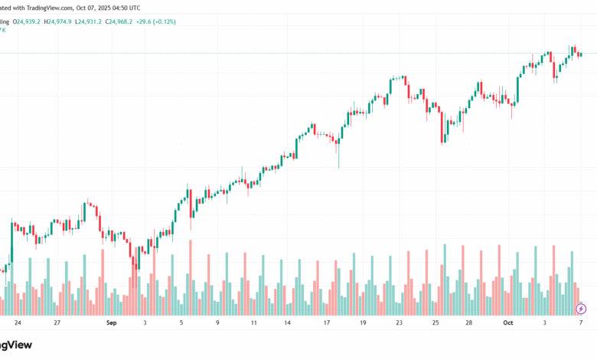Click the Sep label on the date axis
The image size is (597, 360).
point(112,323)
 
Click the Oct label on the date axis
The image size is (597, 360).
point(507,323)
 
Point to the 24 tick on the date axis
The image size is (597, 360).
point(18,323)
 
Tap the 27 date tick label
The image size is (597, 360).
point(57,323)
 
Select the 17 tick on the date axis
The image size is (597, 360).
point(326,323)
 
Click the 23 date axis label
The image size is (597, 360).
point(398,323)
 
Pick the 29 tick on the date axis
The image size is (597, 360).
point(469,323)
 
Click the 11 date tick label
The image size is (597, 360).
point(253,323)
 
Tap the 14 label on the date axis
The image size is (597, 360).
point(287,323)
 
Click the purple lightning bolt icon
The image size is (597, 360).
point(581,309)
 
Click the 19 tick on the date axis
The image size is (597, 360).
point(362,323)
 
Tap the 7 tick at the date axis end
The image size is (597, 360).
point(582,323)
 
